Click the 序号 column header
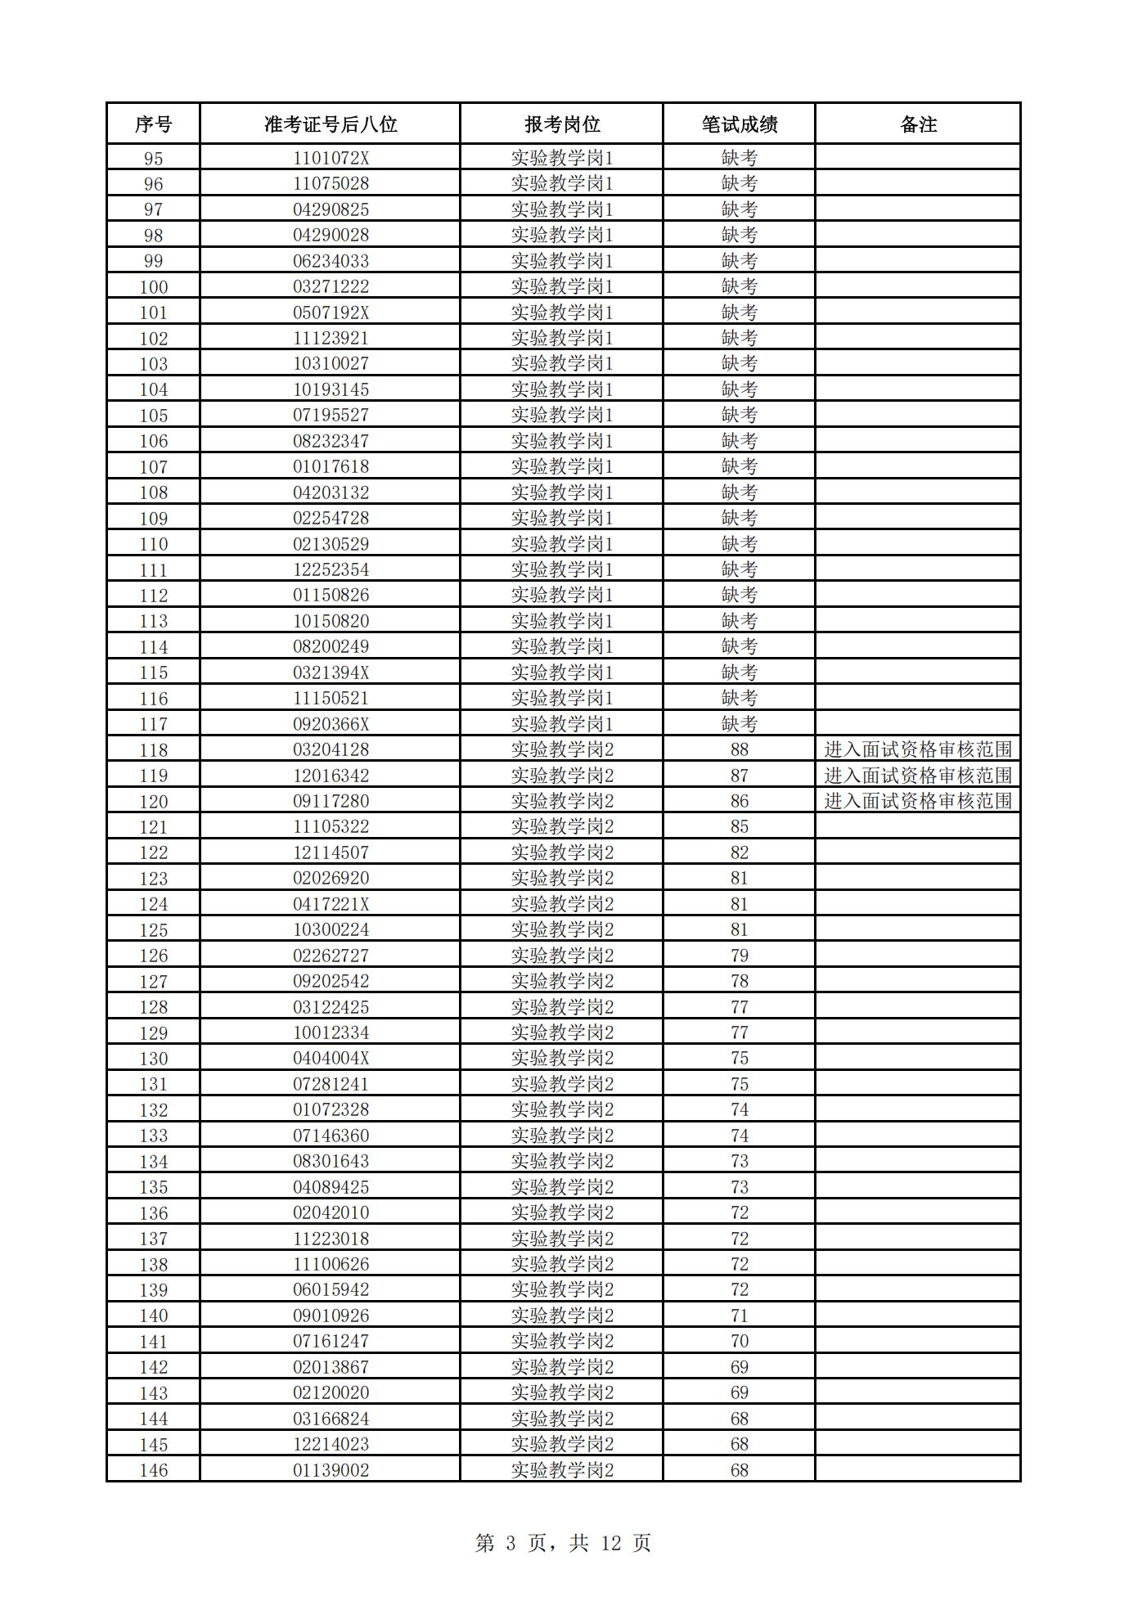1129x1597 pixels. pos(153,124)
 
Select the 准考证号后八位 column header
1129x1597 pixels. pos(331,124)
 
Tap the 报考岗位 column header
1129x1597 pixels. pos(562,124)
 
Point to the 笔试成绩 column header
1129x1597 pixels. pos(740,124)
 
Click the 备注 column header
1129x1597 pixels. pos(918,124)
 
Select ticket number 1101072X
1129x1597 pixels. pos(331,158)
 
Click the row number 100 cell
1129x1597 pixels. pos(153,287)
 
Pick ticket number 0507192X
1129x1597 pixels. pos(331,313)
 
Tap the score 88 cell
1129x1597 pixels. pos(740,749)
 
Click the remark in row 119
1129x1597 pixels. pos(918,776)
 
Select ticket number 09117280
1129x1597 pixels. pos(331,801)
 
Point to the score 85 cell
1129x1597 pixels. pos(740,826)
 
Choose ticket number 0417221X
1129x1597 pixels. pos(331,904)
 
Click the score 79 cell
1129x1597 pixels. pos(740,956)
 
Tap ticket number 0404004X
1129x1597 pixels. pos(331,1058)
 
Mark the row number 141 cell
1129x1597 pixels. pos(153,1342)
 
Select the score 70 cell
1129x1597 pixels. pos(740,1341)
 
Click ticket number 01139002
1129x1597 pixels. pos(331,1470)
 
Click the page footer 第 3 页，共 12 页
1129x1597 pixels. pos(563,1543)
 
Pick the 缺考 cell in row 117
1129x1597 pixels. pos(740,724)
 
